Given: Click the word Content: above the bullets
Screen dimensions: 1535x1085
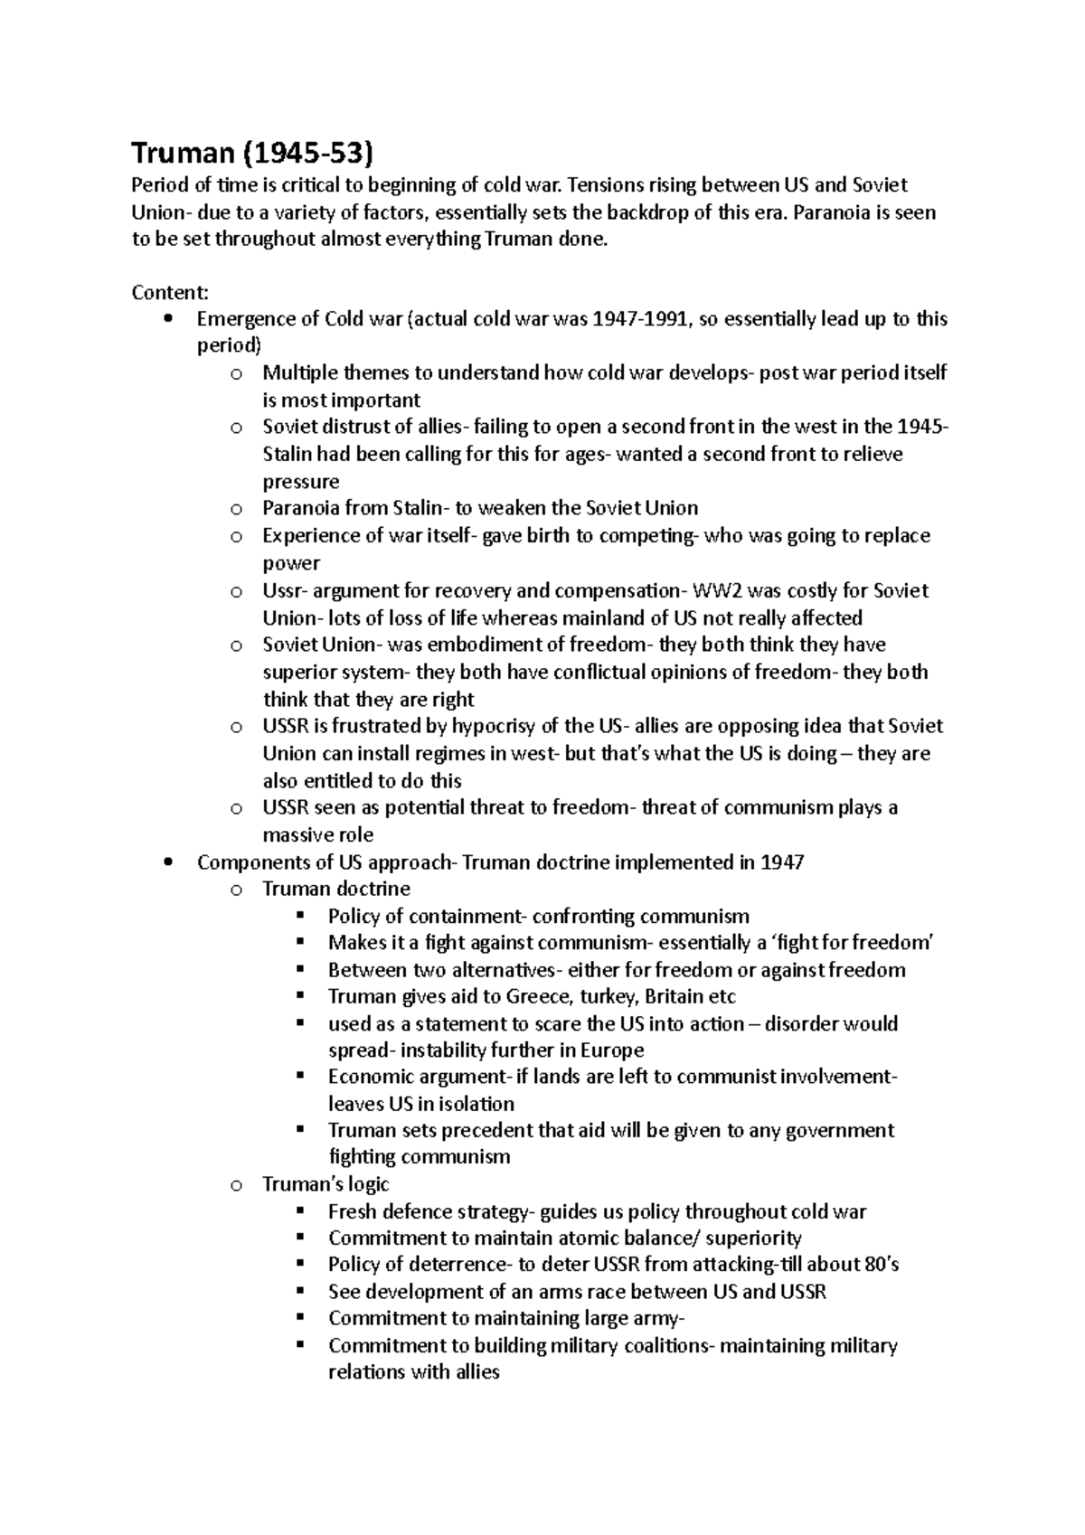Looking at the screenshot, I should [x=170, y=293].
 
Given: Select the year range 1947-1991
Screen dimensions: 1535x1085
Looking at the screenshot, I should [x=637, y=319].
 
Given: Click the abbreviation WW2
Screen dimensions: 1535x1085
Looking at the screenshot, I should [x=716, y=590].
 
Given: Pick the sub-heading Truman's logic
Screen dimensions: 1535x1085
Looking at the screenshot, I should [x=325, y=1184].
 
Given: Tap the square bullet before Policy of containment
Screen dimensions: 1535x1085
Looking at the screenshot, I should [x=301, y=916].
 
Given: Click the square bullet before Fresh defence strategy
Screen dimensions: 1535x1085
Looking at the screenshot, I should [x=301, y=1211].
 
